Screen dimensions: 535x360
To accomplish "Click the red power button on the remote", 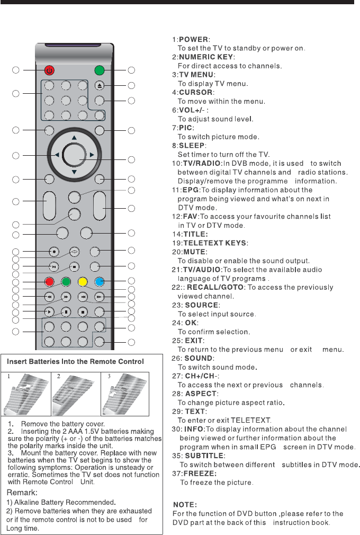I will pyautogui.click(x=50, y=70).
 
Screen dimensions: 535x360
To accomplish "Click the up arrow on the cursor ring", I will pyautogui.click(x=74, y=138).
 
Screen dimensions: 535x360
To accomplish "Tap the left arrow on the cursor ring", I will pyautogui.click(x=57, y=155).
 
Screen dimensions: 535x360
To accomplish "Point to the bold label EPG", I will pyautogui.click(x=192, y=190).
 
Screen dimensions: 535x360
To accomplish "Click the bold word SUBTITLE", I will pyautogui.click(x=204, y=455).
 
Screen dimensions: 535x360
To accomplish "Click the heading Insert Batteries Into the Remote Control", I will pyautogui.click(x=75, y=362).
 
